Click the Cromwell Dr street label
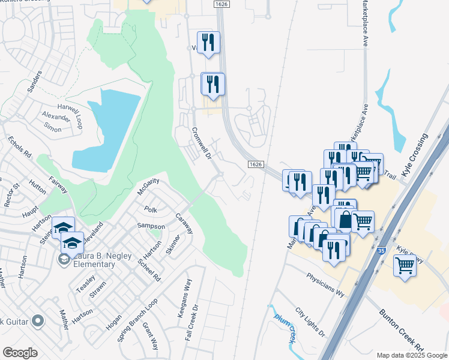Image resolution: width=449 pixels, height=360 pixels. (x=202, y=142)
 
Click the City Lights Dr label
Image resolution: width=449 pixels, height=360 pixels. (x=310, y=322)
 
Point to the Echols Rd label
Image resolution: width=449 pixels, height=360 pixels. (x=20, y=147)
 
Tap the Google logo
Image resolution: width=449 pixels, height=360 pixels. (x=20, y=353)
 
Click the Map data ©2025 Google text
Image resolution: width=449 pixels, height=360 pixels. (x=411, y=355)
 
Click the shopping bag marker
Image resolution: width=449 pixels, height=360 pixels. (x=345, y=220)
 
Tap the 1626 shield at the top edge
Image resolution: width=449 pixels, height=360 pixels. (x=220, y=4)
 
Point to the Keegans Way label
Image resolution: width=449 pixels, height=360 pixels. (x=187, y=295)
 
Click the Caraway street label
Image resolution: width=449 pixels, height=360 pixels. (x=184, y=223)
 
